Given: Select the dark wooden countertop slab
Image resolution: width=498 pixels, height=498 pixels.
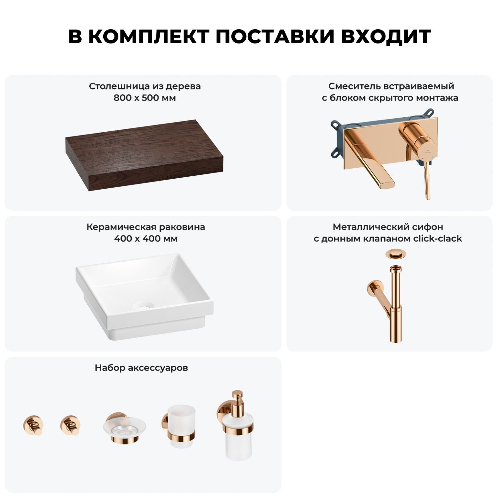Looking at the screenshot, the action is pyautogui.click(x=144, y=155).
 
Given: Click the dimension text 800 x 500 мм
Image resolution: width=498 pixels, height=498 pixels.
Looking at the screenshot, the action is pyautogui.click(x=145, y=98).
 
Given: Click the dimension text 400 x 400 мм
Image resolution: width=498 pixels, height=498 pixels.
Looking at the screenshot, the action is pyautogui.click(x=146, y=239).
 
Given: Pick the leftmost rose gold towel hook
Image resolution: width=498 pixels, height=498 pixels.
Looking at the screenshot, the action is pyautogui.click(x=33, y=425).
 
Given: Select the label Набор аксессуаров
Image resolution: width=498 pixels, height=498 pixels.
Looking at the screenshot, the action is pyautogui.click(x=141, y=368).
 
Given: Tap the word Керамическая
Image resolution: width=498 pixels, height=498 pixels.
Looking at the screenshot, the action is pyautogui.click(x=122, y=227).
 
